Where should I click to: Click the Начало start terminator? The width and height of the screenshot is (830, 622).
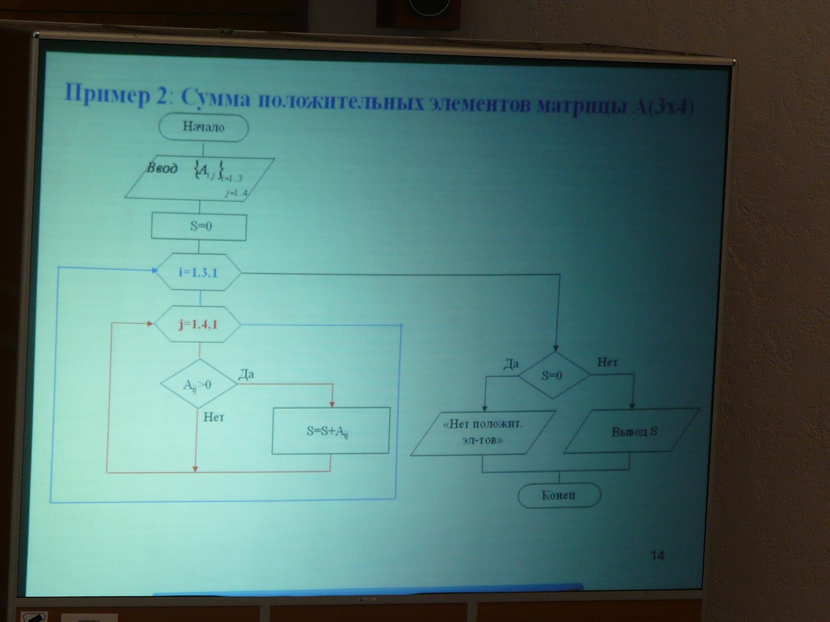203,128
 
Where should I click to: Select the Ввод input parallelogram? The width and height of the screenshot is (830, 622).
200,178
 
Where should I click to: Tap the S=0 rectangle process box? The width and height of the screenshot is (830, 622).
199,227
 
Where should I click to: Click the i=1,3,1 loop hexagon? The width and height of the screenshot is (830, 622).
198,272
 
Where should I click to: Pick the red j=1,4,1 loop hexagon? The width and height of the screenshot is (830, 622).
198,323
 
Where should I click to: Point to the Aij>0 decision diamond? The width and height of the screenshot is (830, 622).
198,385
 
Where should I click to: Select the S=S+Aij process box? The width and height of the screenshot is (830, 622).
331,430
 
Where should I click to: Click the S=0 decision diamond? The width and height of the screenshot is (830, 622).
552,375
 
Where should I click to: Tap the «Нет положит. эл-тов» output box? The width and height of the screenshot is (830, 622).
483,433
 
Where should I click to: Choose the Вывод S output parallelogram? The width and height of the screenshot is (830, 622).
632,430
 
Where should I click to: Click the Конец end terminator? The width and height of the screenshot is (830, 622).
559,496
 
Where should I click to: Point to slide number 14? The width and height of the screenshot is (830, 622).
657,555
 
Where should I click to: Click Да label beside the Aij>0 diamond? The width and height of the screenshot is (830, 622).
246,374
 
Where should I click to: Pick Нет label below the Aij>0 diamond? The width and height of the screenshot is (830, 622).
214,417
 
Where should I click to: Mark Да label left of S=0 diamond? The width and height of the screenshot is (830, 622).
511,364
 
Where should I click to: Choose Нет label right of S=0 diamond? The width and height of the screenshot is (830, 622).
608,362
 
